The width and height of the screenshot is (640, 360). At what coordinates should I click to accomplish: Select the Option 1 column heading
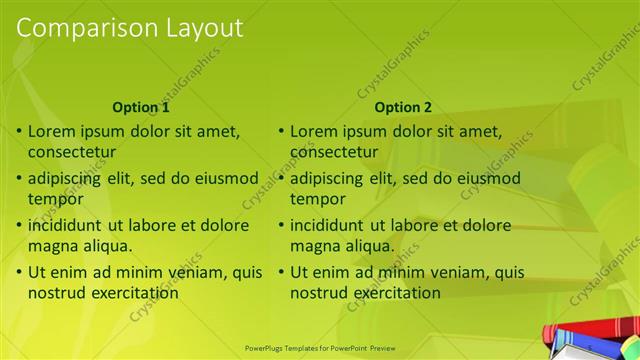coord(141,107)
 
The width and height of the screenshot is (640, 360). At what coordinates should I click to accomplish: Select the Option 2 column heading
coord(403,107)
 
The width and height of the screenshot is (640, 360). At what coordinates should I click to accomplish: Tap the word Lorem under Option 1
coord(50,131)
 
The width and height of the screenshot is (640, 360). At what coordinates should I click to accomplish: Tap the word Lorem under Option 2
coord(313,131)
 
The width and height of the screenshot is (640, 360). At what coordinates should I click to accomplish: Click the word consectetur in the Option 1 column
coord(72,152)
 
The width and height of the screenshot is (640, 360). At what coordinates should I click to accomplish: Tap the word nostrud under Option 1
coord(55,293)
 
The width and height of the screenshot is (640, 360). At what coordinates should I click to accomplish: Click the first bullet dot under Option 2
coord(281,131)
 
